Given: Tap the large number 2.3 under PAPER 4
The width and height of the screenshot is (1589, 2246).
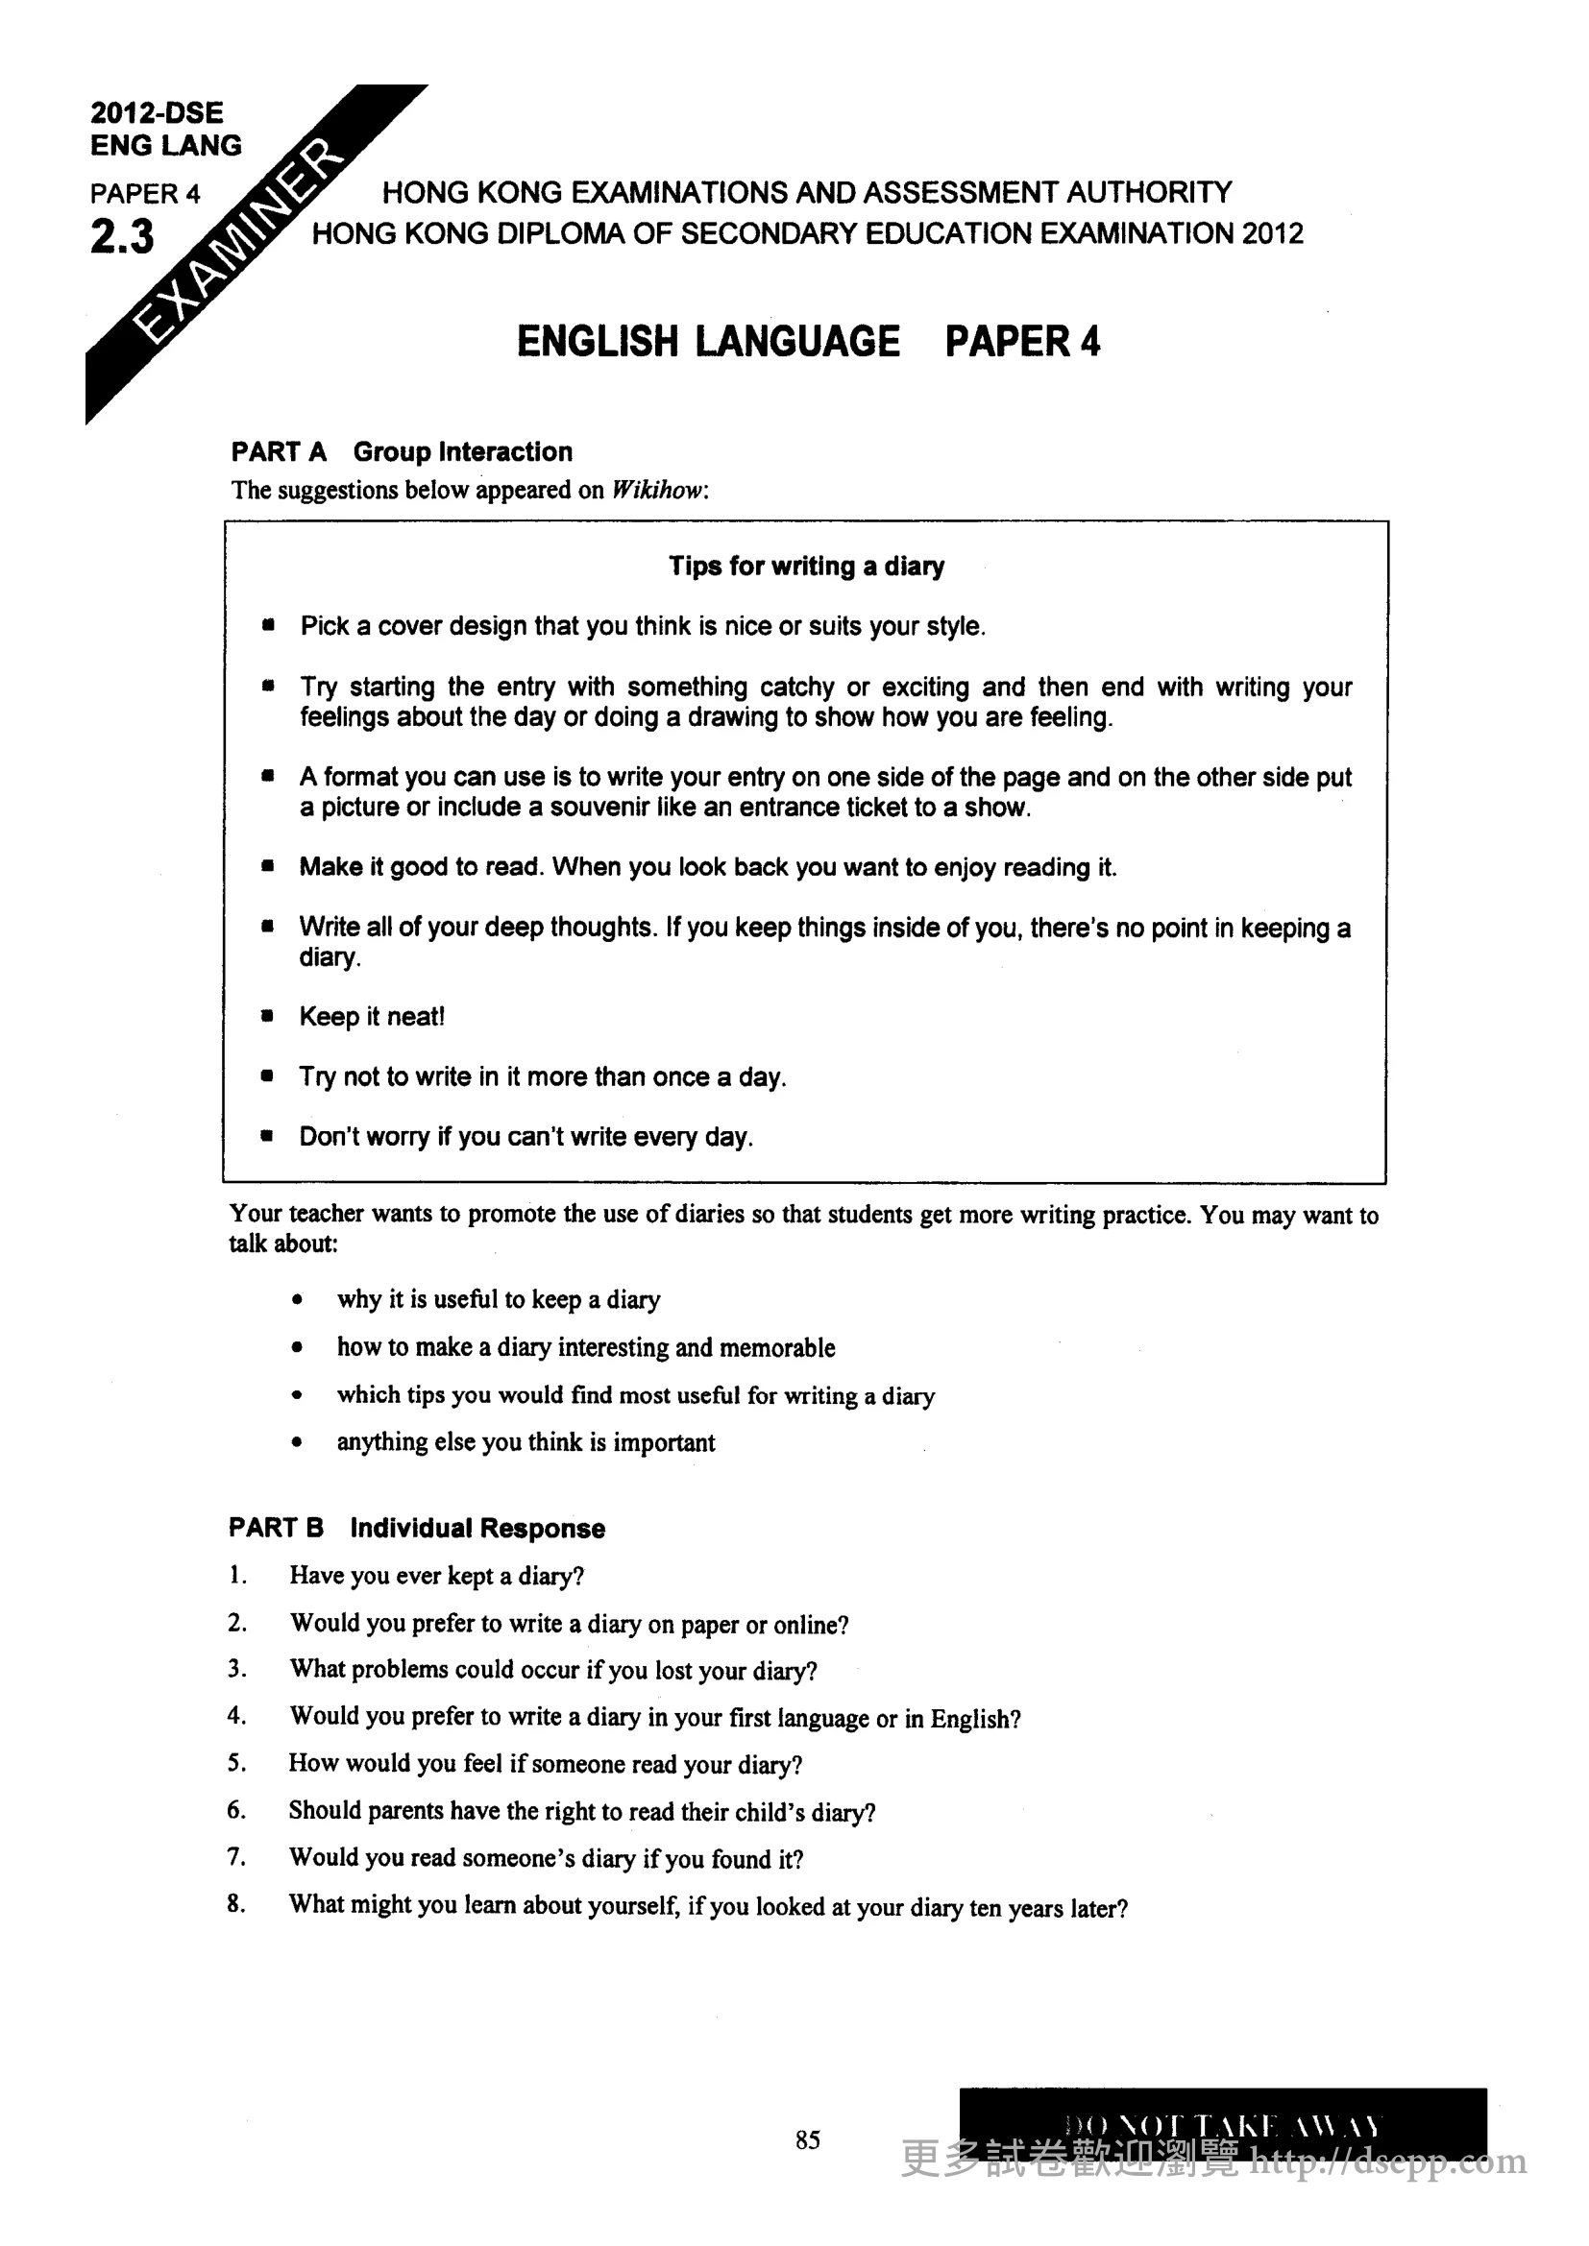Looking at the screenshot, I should click(122, 236).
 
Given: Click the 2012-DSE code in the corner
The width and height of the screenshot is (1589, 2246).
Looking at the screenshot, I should click(157, 112).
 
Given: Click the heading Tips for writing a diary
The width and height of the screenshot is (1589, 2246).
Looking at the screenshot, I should click(806, 567).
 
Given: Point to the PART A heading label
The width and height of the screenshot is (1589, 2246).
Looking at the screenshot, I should click(279, 452).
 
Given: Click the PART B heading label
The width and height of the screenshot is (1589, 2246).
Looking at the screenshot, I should click(276, 1528).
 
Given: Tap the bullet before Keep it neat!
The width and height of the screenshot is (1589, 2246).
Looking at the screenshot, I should click(267, 1016).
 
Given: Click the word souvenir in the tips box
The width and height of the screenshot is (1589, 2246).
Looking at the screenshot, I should click(598, 807).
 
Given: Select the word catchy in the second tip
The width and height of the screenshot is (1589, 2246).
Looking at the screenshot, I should click(796, 687).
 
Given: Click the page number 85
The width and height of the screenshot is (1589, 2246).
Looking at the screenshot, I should click(807, 2140).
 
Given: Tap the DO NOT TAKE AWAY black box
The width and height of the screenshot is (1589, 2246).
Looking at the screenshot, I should click(1222, 2122).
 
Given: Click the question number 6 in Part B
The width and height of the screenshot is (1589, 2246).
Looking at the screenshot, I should click(235, 1811).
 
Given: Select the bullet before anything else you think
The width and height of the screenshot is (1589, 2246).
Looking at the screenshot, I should click(297, 1442).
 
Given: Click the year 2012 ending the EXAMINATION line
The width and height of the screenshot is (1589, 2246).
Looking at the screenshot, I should click(1273, 233).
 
